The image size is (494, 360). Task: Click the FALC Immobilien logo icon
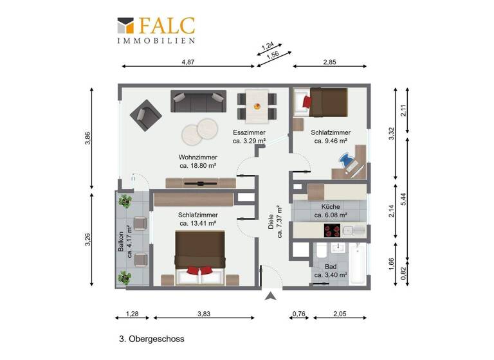(x=127, y=25)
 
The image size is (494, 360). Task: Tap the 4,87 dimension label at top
(x=188, y=62)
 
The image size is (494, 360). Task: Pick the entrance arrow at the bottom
(x=271, y=296)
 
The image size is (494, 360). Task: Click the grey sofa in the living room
(x=198, y=101)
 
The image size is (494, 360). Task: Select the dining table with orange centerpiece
(x=257, y=106)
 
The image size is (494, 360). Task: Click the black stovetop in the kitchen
(x=333, y=231)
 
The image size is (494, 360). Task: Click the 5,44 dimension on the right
(x=403, y=199)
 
